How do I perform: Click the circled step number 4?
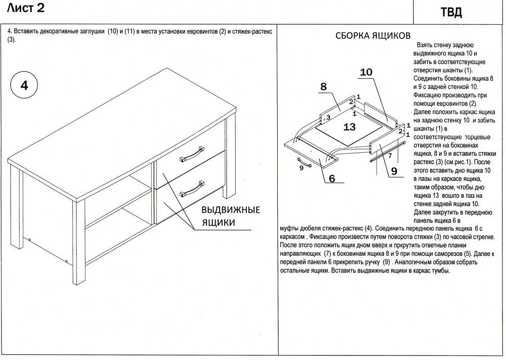click(x=24, y=85)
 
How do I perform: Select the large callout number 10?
click(x=366, y=72)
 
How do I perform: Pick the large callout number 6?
click(x=332, y=178)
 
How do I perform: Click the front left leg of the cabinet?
click(x=77, y=243)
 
